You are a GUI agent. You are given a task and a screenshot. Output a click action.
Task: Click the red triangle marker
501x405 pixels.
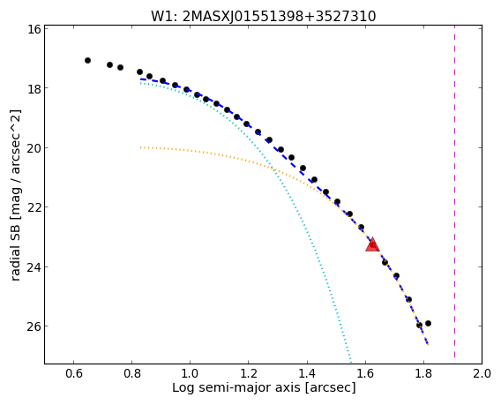coord(372,244)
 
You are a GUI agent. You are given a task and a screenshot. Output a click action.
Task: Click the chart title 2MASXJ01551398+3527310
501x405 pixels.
coord(279,16)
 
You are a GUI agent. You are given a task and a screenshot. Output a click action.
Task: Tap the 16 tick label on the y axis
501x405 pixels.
coord(34,29)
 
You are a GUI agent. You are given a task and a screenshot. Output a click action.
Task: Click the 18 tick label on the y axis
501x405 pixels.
coord(34,88)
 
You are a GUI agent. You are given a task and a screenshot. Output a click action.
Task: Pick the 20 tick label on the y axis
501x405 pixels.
coord(34,147)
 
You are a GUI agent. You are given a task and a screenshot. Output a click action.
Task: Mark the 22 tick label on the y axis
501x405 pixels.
coord(34,207)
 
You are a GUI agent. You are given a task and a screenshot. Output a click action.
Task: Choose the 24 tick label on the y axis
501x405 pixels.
coord(34,266)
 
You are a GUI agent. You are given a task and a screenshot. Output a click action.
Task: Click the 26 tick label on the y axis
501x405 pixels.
coord(34,326)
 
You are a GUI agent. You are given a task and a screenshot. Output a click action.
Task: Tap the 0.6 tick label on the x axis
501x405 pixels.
coord(74,373)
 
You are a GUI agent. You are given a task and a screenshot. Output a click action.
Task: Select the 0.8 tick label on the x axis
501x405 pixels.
coord(132,373)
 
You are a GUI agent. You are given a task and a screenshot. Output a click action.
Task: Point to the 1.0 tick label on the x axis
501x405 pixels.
coord(191,373)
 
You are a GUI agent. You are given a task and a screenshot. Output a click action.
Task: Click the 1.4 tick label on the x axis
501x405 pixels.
coord(307,373)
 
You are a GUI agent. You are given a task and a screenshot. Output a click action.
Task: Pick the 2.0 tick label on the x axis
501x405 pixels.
coord(482,373)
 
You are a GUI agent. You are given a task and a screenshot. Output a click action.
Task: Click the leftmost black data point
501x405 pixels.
coord(87,60)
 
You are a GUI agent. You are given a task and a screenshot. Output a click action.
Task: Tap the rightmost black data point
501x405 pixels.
coord(428,324)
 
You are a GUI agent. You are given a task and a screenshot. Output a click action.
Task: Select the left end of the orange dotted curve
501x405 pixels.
coord(140,147)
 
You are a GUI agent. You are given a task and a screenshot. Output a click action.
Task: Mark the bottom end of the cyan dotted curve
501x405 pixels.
coord(351,362)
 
